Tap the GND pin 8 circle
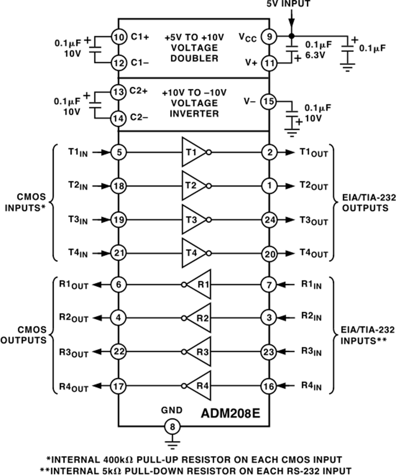pos(172,426)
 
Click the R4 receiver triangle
pos(199,386)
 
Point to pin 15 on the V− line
pos(269,101)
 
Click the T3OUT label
pos(314,220)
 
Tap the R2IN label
pos(311,316)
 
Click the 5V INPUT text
pos(289,4)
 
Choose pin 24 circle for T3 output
pos(269,219)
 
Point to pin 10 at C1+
pos(118,37)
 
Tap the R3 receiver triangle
pos(199,351)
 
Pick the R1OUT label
pos(73,285)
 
